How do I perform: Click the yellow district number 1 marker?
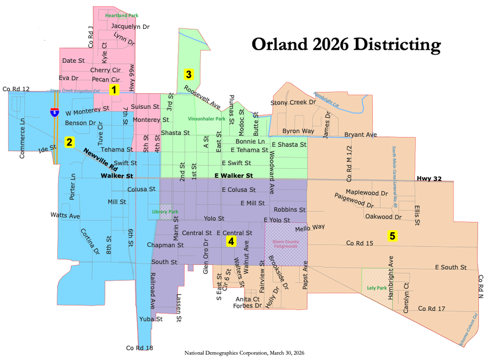click(x=114, y=90)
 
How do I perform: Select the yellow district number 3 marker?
click(x=188, y=75)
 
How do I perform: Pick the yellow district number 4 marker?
click(x=231, y=241)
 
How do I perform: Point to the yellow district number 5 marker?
click(x=392, y=235)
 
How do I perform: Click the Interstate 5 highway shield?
click(x=54, y=112)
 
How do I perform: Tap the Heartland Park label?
click(x=121, y=16)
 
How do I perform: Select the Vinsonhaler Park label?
click(x=206, y=119)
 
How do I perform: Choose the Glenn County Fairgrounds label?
click(x=286, y=244)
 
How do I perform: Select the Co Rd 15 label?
click(x=360, y=243)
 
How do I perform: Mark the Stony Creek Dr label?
click(x=293, y=102)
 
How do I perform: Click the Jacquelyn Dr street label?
click(x=130, y=26)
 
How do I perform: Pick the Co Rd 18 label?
click(x=140, y=348)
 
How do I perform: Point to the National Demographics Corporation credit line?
click(x=245, y=352)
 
